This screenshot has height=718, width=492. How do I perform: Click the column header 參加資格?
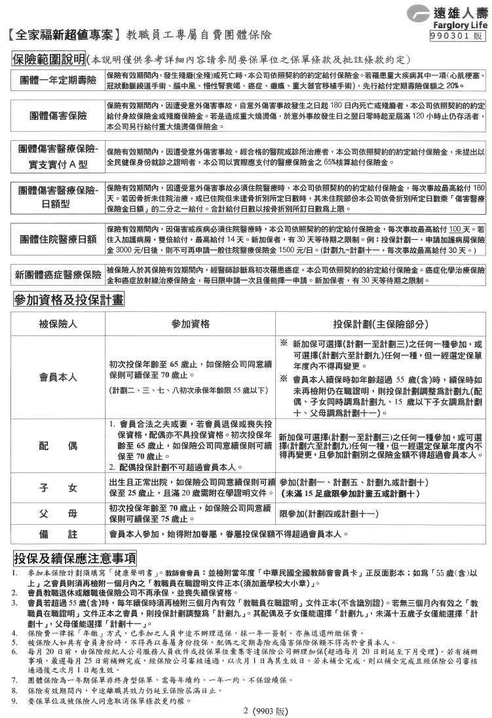(190, 325)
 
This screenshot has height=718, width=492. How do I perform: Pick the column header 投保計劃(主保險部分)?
(379, 325)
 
